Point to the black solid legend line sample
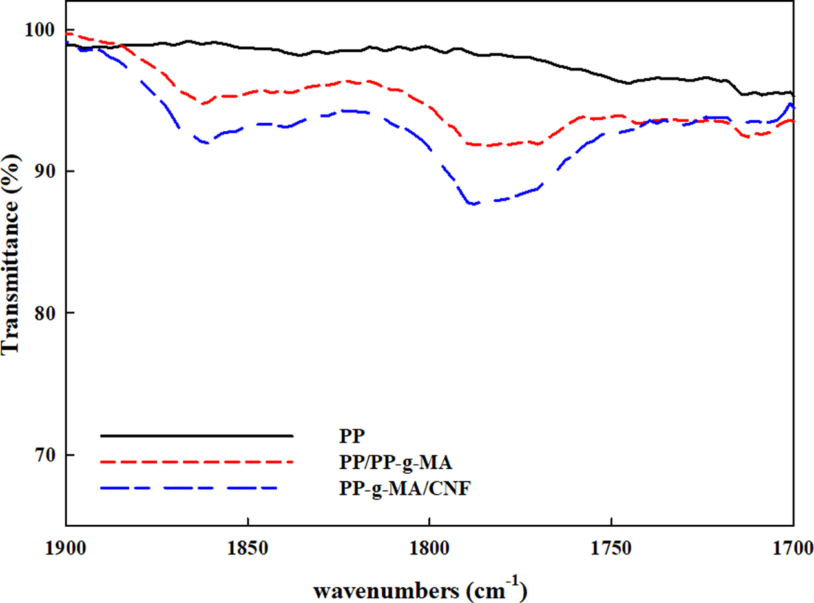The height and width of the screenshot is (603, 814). coord(197,436)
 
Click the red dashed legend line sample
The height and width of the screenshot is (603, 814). coord(197,461)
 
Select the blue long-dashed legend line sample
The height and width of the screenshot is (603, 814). coord(191,487)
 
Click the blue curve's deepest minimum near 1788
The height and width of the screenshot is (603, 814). coord(474,204)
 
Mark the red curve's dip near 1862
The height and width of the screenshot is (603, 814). coord(204,103)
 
